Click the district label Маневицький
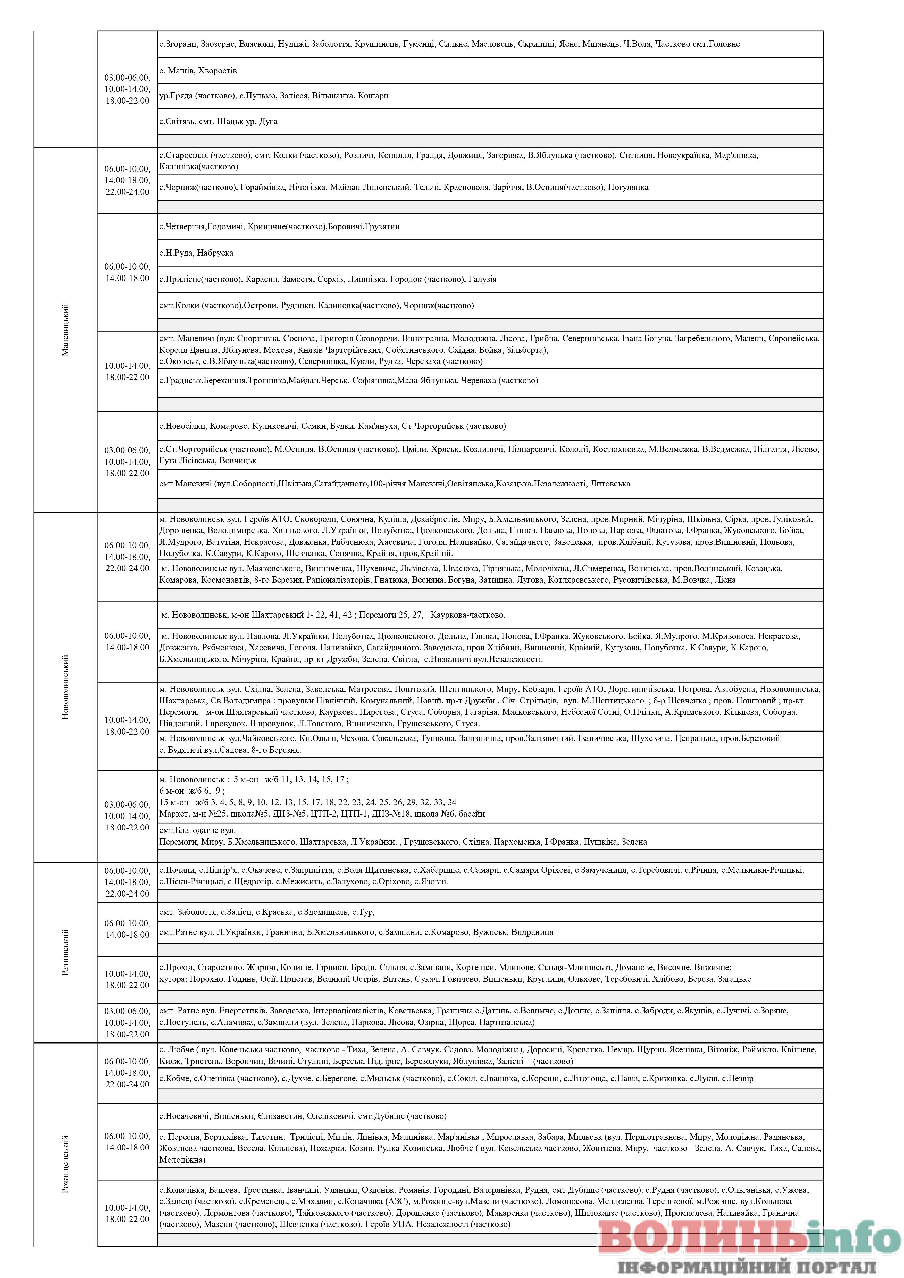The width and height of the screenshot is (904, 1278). pyautogui.click(x=65, y=330)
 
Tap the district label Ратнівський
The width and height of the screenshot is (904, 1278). pyautogui.click(x=65, y=952)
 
